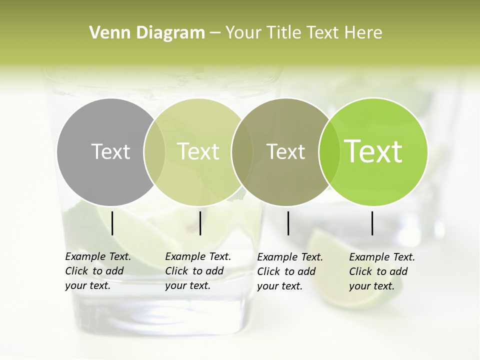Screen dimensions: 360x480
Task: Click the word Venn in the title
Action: (x=103, y=33)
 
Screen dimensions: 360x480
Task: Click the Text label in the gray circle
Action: (x=110, y=151)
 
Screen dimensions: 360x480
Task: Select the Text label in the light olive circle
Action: (x=198, y=151)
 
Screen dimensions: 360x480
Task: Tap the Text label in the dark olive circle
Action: (x=285, y=151)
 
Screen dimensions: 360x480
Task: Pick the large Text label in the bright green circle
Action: (x=373, y=151)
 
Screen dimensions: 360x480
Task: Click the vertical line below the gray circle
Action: (x=112, y=223)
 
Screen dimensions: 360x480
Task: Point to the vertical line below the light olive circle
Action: (x=200, y=223)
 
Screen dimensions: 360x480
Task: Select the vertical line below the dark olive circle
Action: (x=288, y=223)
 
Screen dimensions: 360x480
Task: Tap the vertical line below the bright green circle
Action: (x=372, y=223)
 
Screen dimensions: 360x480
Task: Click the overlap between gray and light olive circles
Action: (x=154, y=151)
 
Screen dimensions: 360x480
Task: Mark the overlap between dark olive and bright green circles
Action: (x=327, y=151)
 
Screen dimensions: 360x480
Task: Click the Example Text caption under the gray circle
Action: (x=98, y=271)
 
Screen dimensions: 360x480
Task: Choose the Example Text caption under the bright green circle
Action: (x=382, y=271)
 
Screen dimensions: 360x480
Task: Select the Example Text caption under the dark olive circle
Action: (x=290, y=271)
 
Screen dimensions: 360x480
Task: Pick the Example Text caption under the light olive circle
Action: (x=198, y=271)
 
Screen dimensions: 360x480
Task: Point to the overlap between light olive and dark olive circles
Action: (x=242, y=151)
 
